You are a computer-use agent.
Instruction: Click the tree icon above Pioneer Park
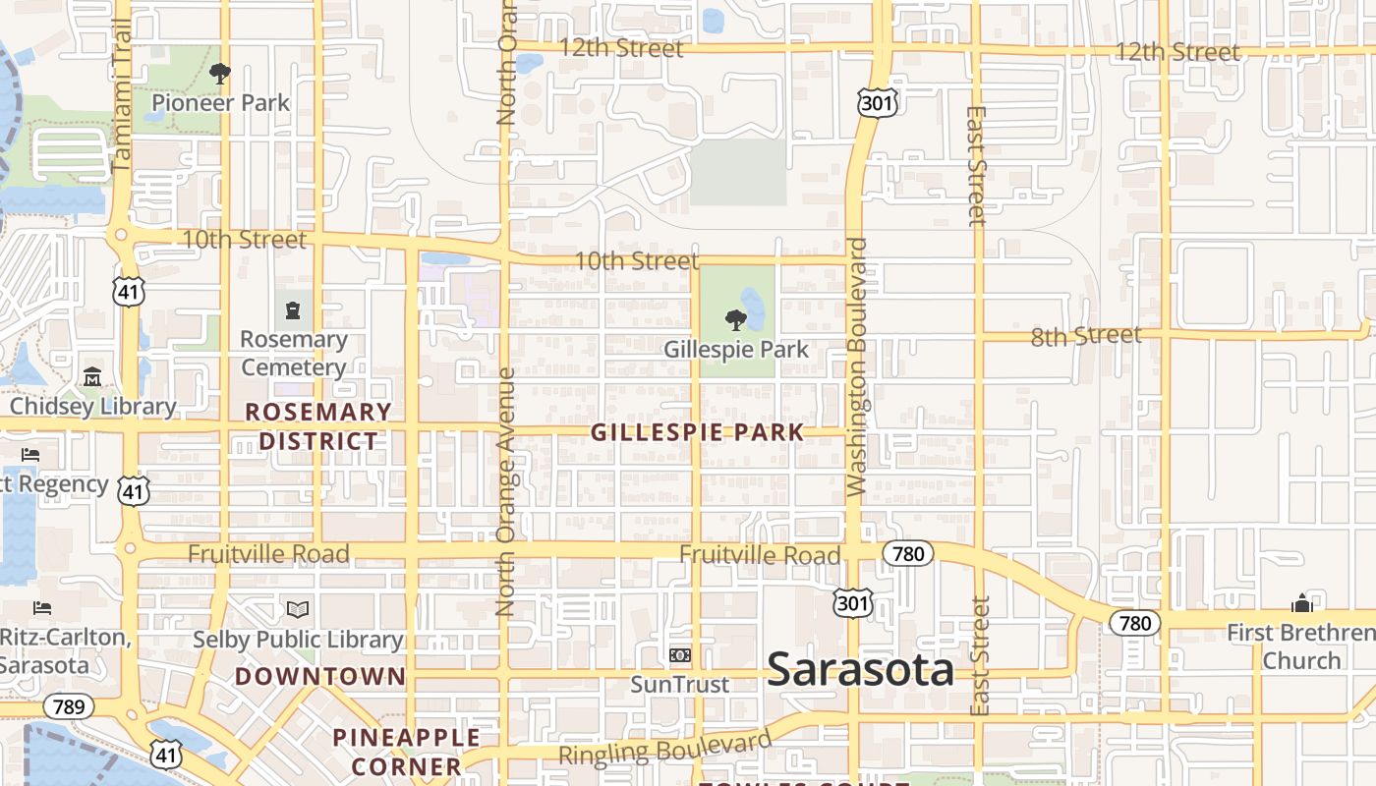point(220,73)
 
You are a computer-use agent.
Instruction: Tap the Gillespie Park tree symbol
point(735,319)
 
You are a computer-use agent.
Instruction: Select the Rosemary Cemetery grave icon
point(292,311)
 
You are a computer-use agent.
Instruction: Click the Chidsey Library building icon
point(92,377)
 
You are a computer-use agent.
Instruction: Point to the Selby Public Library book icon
point(298,609)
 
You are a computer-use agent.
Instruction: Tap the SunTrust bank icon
point(679,655)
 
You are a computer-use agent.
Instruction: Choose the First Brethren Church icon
point(1301,603)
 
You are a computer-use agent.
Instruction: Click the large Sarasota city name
point(860,670)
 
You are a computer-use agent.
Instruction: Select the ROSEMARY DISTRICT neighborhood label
point(317,426)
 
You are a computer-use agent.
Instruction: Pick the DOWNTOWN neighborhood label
point(320,676)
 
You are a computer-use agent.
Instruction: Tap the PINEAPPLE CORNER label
point(406,752)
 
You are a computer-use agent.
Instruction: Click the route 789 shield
point(69,706)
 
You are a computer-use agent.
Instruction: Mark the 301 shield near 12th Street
point(872,102)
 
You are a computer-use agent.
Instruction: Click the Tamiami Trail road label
point(121,98)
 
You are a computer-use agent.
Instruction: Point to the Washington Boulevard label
point(856,365)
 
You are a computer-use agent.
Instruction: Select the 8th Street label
point(1086,336)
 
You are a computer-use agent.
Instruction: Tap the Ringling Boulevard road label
point(665,749)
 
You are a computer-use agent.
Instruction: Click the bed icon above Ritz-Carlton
point(42,608)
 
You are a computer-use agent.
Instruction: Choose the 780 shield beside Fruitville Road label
point(907,554)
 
